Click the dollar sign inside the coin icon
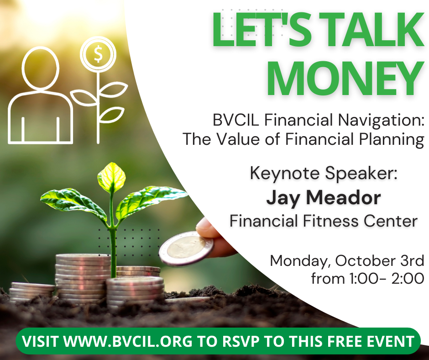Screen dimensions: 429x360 click(98, 54)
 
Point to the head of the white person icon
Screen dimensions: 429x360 click(41, 68)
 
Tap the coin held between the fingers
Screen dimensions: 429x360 click(186, 248)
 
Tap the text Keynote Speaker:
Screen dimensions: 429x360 click(324, 174)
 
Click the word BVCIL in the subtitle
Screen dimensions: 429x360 click(236, 120)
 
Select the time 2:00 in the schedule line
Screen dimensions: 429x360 click(408, 278)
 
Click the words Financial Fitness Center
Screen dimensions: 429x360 click(324, 221)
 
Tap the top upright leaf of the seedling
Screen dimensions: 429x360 click(112, 176)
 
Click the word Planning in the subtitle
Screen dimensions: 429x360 click(392, 140)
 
